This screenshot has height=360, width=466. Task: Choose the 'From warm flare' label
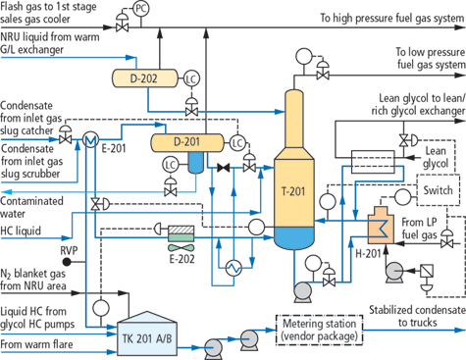[x=38, y=344]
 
